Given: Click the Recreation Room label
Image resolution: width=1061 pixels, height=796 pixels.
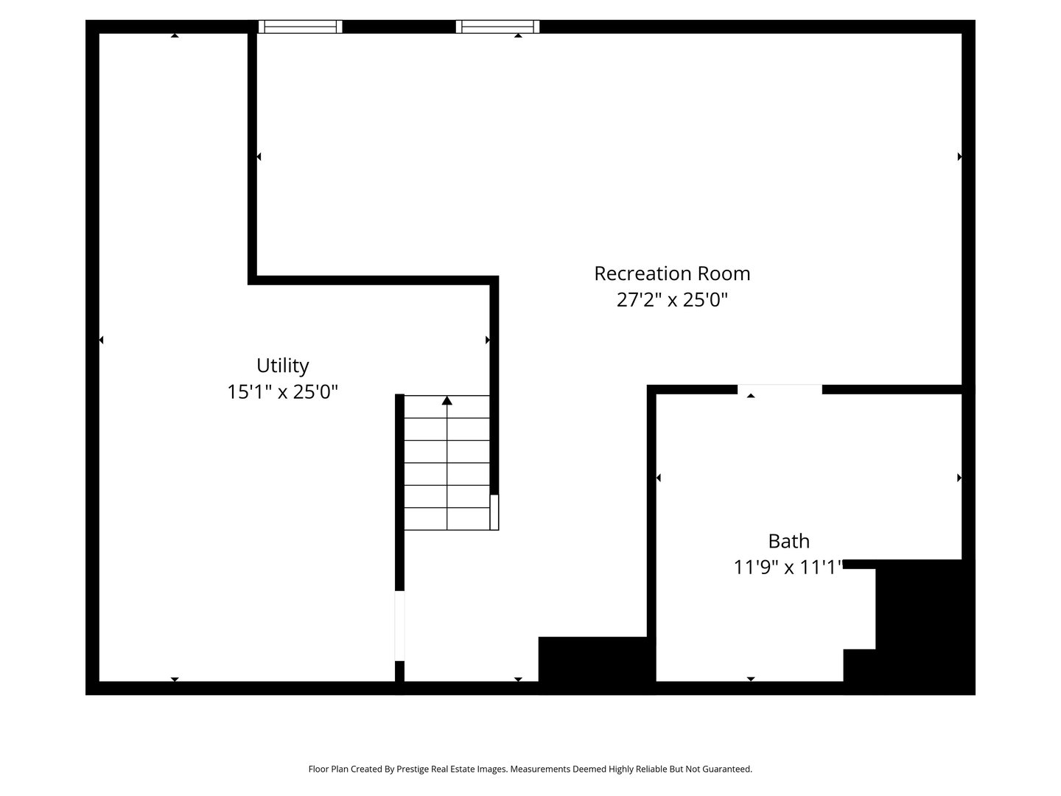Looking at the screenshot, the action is click(x=672, y=273).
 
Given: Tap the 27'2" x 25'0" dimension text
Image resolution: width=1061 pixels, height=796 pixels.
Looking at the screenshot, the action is click(x=672, y=300).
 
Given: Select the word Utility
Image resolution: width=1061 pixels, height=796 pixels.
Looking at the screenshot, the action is click(x=283, y=366).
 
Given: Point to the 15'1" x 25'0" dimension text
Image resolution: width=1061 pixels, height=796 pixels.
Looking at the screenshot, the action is click(x=283, y=391).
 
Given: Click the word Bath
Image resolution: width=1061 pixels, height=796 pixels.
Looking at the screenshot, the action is click(x=789, y=541).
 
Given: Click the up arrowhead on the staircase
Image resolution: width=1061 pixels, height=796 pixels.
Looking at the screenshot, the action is click(x=447, y=401).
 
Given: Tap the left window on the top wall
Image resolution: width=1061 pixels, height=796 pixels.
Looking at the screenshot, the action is click(x=300, y=27).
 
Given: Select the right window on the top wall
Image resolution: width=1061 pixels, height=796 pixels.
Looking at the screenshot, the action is click(x=498, y=27).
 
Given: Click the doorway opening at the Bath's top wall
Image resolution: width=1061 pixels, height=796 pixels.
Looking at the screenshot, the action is click(x=780, y=390).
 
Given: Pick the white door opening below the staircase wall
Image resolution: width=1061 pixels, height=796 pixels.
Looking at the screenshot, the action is click(x=400, y=626).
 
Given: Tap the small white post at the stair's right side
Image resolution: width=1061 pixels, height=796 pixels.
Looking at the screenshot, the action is click(x=494, y=512).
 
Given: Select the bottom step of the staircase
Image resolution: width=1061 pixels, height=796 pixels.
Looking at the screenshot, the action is click(x=447, y=519).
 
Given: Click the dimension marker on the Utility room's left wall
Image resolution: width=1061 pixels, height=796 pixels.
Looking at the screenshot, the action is click(x=101, y=341).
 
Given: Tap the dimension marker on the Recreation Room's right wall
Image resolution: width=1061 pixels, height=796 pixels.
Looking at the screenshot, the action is click(x=959, y=156).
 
